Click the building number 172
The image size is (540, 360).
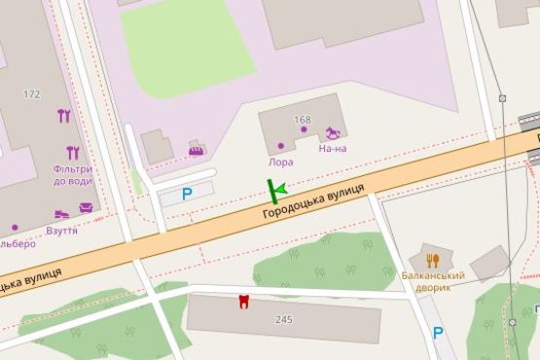coord(32,94)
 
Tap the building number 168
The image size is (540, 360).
coord(302,121)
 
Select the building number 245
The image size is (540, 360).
coord(283,319)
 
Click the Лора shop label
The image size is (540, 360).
coord(281,162)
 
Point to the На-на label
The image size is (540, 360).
coord(332,149)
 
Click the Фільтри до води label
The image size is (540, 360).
coord(73,175)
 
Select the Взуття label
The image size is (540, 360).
coord(62,231)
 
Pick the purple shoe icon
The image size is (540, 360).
coord(62,214)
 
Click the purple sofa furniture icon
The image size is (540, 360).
coord(86,207)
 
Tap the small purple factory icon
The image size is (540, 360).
coord(197,149)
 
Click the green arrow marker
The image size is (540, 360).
coord(275,190)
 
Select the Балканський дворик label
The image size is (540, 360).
coord(433,282)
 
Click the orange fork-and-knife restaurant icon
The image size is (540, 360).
coord(433,260)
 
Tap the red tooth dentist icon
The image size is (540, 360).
coord(243,301)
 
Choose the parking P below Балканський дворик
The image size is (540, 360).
coord(438,333)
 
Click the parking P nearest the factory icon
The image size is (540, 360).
coord(187,194)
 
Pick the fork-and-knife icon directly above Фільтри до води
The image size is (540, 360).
coord(72,152)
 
